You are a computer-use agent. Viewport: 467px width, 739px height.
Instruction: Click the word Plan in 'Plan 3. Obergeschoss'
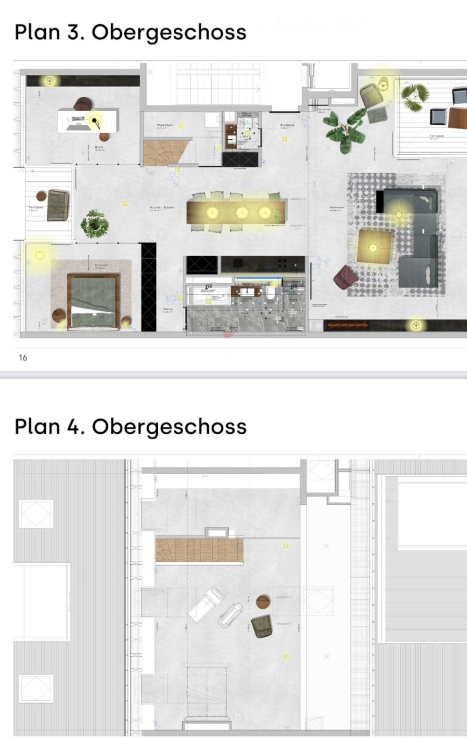(37, 32)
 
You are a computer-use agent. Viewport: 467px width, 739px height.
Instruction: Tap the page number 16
(23, 358)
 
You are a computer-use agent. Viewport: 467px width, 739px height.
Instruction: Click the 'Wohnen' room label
(337, 208)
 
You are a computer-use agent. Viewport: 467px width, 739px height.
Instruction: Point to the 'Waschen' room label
(164, 125)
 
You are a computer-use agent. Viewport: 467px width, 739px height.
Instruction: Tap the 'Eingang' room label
(287, 125)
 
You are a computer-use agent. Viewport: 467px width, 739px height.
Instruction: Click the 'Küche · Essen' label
(162, 208)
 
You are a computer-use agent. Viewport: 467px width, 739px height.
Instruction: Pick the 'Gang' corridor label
(168, 309)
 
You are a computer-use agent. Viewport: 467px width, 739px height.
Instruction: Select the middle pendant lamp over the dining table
(241, 212)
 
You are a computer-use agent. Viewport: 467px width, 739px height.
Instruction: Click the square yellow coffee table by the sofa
(374, 246)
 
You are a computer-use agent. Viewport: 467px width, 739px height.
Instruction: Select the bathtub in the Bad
(209, 296)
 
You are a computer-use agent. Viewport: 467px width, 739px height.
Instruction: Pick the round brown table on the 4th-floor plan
(263, 602)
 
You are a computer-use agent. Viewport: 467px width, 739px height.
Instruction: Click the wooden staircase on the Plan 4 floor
(199, 550)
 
